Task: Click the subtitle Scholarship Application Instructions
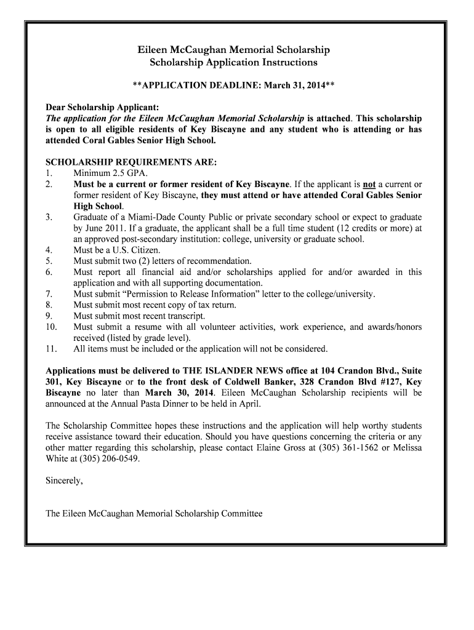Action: coord(234,63)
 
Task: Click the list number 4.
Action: coord(49,250)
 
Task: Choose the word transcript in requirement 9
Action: coord(183,316)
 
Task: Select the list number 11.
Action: coord(51,349)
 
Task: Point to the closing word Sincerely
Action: coord(64,481)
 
